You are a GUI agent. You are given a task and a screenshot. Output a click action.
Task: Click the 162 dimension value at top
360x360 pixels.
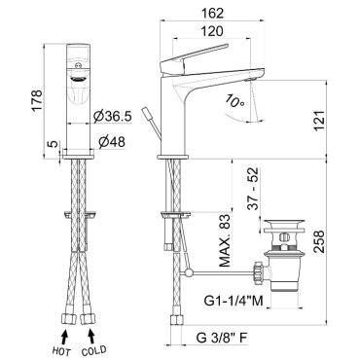(x=212, y=14)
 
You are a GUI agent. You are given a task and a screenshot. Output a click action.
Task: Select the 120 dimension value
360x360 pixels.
(x=212, y=31)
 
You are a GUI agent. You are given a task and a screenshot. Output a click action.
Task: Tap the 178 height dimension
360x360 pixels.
(x=37, y=100)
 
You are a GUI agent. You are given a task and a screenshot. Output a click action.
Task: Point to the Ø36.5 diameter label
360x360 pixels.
(x=113, y=117)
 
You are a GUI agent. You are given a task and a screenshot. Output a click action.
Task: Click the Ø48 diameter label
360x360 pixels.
(x=112, y=142)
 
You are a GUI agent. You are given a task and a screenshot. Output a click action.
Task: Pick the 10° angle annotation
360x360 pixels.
(x=234, y=101)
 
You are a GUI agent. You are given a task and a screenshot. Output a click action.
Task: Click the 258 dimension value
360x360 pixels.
(x=319, y=241)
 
